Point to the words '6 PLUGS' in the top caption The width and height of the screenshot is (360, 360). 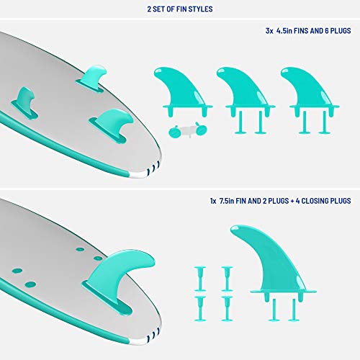[x=331, y=32]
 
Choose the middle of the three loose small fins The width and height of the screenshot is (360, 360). [x=241, y=90]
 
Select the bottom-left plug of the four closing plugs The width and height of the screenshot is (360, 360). [x=199, y=303]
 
